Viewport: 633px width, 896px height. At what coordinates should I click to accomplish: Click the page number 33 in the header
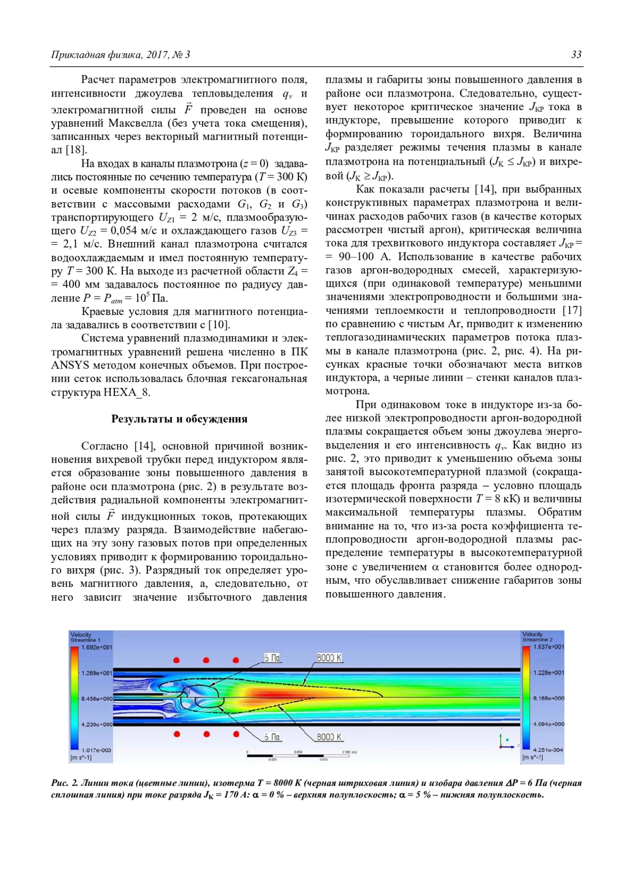[x=576, y=55]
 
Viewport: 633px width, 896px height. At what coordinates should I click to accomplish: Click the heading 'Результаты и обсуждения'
[x=179, y=419]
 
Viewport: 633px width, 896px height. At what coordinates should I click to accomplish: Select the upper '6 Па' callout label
[x=272, y=658]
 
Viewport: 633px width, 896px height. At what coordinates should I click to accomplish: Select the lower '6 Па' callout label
[x=272, y=737]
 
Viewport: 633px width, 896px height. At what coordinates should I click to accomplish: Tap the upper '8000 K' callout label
[x=329, y=658]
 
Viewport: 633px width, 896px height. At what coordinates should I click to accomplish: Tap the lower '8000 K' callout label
[x=329, y=737]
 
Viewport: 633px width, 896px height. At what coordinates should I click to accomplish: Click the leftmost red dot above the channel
[x=177, y=660]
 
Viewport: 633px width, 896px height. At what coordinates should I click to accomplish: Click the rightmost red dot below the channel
[x=236, y=734]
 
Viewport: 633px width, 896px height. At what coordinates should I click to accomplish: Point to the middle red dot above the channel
[x=206, y=660]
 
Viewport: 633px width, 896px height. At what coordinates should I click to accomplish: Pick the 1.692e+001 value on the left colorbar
[x=97, y=647]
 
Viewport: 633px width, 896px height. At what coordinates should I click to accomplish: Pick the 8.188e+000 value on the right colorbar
[x=549, y=699]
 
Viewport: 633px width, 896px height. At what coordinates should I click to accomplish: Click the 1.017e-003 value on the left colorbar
[x=97, y=750]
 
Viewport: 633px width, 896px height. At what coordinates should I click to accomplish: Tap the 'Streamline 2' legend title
[x=538, y=640]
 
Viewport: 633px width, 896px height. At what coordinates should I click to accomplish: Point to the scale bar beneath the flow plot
[x=299, y=755]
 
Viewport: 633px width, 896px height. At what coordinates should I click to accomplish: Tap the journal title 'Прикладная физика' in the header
[x=89, y=55]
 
